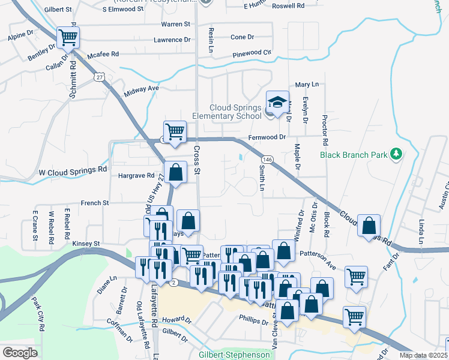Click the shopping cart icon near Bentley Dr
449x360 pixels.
pos(68,38)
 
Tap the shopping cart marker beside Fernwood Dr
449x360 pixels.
pos(175,131)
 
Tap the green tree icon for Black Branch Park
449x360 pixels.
pos(396,154)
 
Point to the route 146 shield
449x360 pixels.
pos(268,159)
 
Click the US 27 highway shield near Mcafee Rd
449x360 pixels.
pos(100,77)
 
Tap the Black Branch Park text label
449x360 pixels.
pos(354,154)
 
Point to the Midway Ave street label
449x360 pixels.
pos(141,88)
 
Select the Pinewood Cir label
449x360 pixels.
pos(251,53)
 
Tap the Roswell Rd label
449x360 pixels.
pos(288,5)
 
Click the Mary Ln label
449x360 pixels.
pos(306,85)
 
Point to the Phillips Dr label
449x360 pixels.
pos(253,322)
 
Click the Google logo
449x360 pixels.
pos(20,353)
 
